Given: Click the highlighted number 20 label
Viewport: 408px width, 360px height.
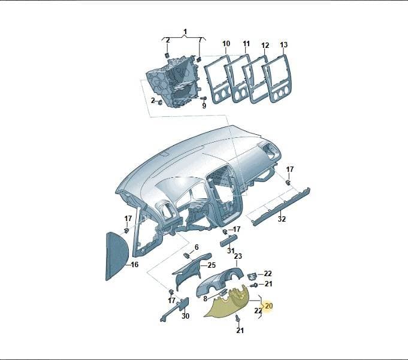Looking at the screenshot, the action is pos(268,305).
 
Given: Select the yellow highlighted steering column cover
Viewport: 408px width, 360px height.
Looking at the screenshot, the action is pos(226,303).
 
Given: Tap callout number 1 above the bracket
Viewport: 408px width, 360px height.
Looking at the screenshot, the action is pos(185,32).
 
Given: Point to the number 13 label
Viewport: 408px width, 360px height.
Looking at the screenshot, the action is pos(283,45).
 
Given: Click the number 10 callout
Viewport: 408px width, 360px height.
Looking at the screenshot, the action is pos(226,44).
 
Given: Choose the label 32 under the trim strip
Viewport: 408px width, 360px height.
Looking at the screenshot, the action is pos(282,219).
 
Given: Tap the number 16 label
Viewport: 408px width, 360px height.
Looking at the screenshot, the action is pos(134,265).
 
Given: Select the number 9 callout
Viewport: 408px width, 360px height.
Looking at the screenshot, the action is pos(204,105).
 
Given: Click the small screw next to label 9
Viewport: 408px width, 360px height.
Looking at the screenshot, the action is pos(204,98).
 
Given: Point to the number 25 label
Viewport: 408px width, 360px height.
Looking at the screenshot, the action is pos(212,265).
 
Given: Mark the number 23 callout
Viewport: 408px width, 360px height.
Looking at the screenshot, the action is pos(238,256).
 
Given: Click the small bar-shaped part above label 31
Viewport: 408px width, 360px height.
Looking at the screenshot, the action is pos(229,240).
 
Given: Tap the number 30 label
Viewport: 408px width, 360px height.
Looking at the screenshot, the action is pos(185,316).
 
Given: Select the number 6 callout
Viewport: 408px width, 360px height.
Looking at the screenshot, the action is pos(197,247).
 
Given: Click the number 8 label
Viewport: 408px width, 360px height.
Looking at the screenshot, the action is pos(205,299).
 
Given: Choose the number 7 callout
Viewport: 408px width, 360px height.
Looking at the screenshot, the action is pos(200,40).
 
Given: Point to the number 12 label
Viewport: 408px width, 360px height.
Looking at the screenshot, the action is pos(265,46).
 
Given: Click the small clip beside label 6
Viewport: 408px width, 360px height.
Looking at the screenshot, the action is pos(187,256).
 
